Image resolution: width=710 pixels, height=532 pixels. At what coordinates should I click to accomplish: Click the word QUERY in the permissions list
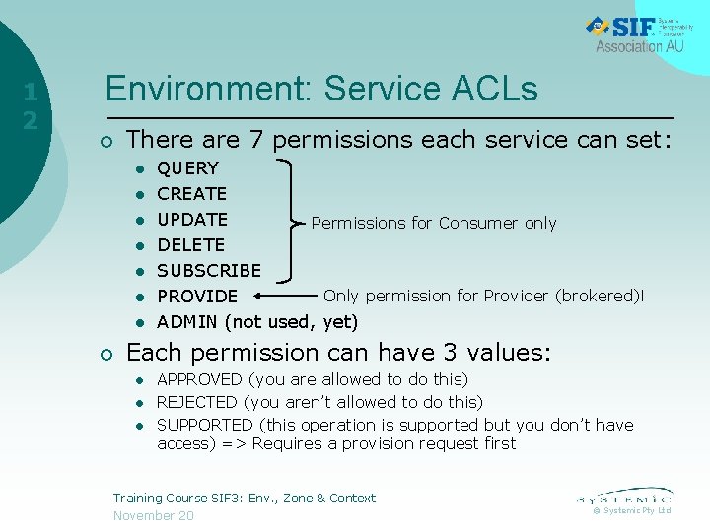[188, 168]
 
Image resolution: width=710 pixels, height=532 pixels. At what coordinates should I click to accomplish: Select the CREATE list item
[192, 194]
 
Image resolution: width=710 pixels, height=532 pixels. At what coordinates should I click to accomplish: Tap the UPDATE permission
[192, 220]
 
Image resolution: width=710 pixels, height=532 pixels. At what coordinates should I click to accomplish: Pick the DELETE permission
[191, 245]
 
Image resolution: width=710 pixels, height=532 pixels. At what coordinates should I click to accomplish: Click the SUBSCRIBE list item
[209, 271]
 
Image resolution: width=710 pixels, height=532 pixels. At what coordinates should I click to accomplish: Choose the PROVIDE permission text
[197, 297]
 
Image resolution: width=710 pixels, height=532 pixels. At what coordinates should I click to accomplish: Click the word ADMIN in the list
[188, 322]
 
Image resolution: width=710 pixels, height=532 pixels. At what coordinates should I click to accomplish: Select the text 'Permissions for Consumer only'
[434, 224]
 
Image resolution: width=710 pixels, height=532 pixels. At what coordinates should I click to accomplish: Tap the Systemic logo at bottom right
[624, 498]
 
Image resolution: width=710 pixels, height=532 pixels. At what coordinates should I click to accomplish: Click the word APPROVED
[199, 379]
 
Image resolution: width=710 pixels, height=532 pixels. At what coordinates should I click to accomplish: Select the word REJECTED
[197, 402]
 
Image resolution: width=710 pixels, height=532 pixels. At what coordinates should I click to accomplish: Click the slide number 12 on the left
[31, 106]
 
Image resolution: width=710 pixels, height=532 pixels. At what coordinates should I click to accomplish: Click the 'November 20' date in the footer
[154, 516]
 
